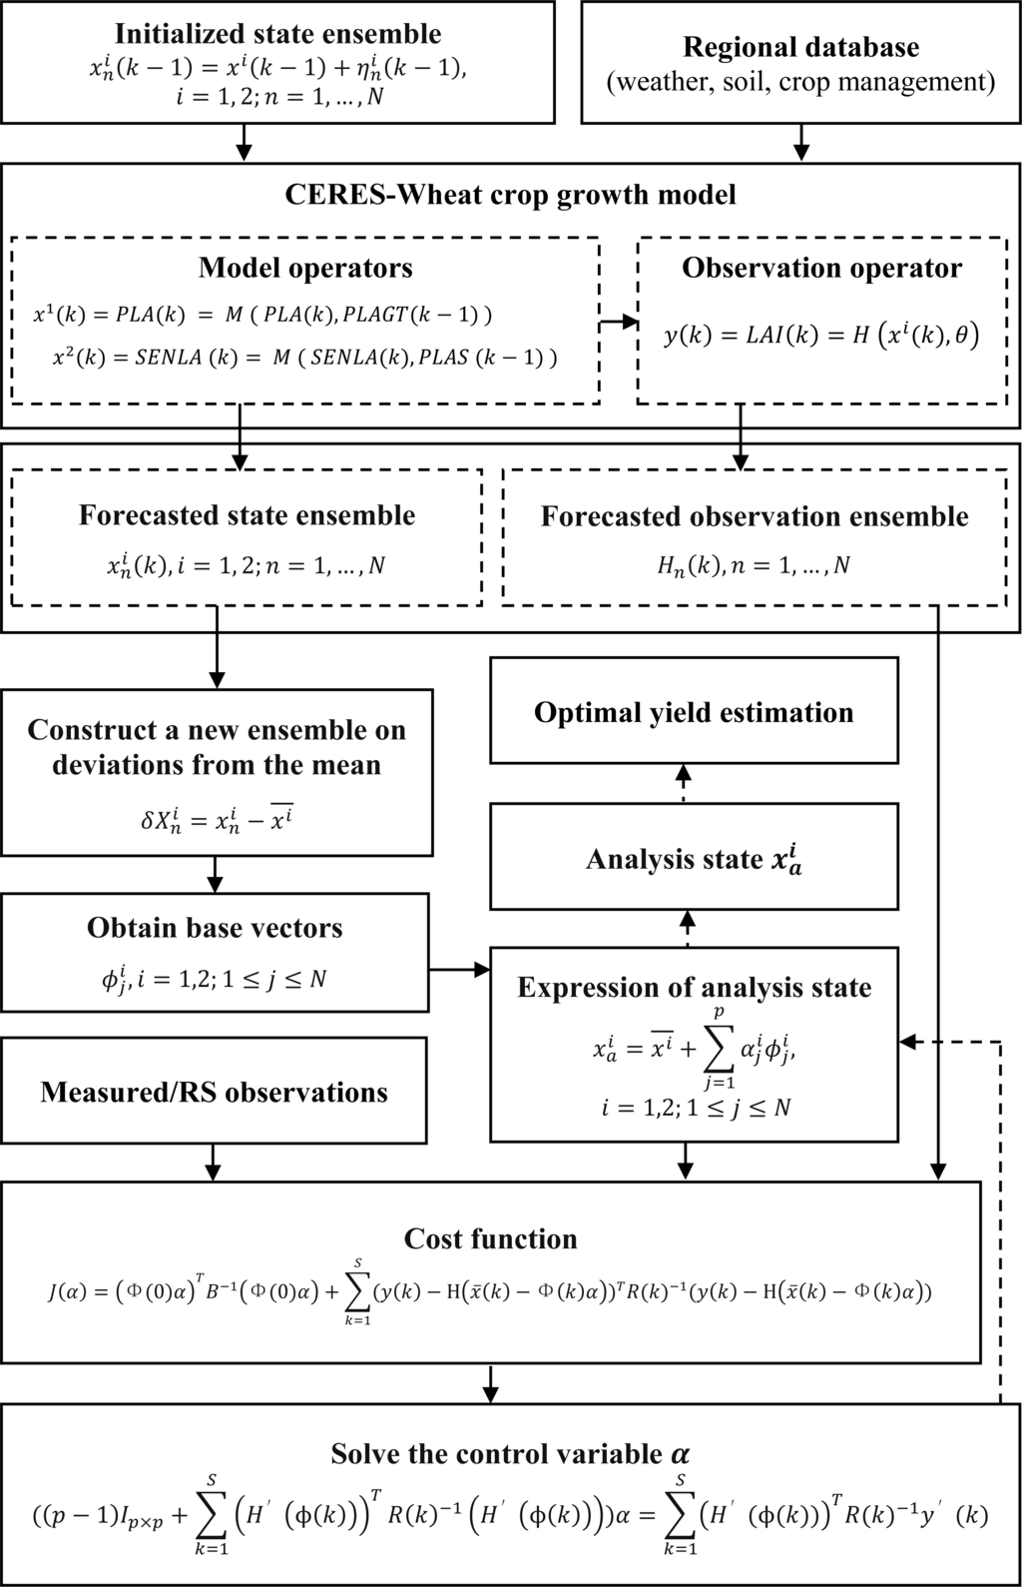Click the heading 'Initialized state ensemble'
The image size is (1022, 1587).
pyautogui.click(x=277, y=34)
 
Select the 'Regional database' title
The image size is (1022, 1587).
pyautogui.click(x=800, y=47)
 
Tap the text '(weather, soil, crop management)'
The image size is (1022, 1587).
pyautogui.click(x=800, y=81)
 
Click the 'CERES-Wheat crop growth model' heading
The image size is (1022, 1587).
pyautogui.click(x=510, y=193)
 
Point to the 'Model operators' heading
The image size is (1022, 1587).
pyautogui.click(x=304, y=268)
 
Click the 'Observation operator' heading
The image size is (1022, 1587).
pyautogui.click(x=821, y=268)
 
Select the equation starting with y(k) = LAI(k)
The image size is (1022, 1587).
pyautogui.click(x=821, y=335)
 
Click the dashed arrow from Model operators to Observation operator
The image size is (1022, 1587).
pyautogui.click(x=618, y=322)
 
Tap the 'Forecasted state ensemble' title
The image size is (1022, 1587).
pyautogui.click(x=247, y=515)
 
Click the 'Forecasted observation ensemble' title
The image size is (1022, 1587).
pyautogui.click(x=755, y=516)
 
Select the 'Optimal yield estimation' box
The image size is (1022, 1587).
pyautogui.click(x=694, y=712)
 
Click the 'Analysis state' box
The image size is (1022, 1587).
pyautogui.click(x=694, y=859)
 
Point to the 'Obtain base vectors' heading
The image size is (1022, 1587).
pyautogui.click(x=215, y=928)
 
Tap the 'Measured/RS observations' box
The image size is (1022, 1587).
pyautogui.click(x=214, y=1092)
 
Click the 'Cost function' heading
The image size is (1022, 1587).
pyautogui.click(x=490, y=1239)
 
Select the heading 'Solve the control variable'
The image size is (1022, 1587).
pyautogui.click(x=510, y=1453)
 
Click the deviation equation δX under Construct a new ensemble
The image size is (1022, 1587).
pyautogui.click(x=217, y=822)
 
